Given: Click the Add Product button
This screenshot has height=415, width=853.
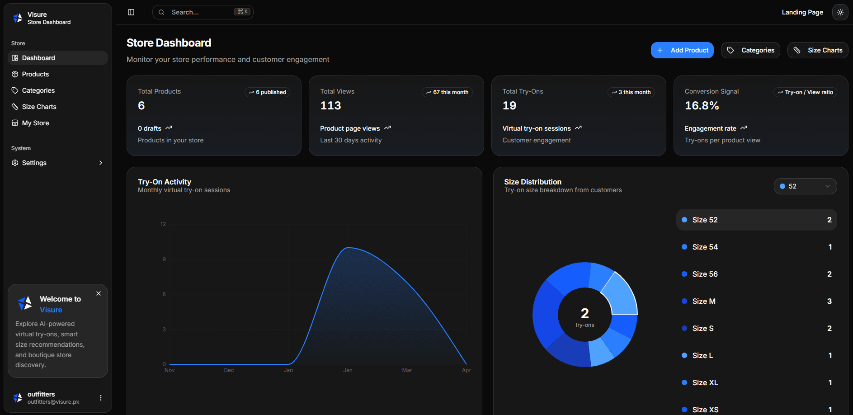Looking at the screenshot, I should pyautogui.click(x=682, y=50).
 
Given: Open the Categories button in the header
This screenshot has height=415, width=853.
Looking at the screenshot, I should pyautogui.click(x=750, y=50).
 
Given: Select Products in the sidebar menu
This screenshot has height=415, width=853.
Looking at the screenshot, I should pyautogui.click(x=35, y=74).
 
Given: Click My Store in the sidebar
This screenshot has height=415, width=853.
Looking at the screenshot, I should pyautogui.click(x=35, y=123).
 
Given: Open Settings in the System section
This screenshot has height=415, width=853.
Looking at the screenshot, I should pyautogui.click(x=34, y=163).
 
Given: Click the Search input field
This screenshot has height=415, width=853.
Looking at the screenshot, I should pyautogui.click(x=201, y=12).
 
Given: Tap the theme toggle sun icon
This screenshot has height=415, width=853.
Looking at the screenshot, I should pyautogui.click(x=840, y=12).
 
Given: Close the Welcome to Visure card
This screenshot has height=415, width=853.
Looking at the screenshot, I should pyautogui.click(x=99, y=293).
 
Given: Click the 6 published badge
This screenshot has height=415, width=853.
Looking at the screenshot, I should pyautogui.click(x=268, y=92).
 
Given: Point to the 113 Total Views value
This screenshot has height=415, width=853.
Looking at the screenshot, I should pyautogui.click(x=330, y=106).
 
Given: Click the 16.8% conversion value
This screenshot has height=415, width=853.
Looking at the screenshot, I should pyautogui.click(x=702, y=106).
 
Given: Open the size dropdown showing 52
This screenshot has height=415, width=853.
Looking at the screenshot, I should pyautogui.click(x=805, y=186).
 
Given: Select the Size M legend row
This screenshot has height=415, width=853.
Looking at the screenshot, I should pyautogui.click(x=756, y=301).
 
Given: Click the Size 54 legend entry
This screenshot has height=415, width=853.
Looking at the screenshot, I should pyautogui.click(x=756, y=247).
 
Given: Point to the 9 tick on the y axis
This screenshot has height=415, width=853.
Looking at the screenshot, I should pyautogui.click(x=164, y=259).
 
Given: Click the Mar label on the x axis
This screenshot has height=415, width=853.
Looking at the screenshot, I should pyautogui.click(x=407, y=370).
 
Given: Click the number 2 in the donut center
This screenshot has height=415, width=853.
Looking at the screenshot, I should pyautogui.click(x=584, y=313).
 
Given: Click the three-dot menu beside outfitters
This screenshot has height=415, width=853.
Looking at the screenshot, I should pyautogui.click(x=101, y=398).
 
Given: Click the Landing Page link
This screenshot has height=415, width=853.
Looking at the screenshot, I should pyautogui.click(x=802, y=12).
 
